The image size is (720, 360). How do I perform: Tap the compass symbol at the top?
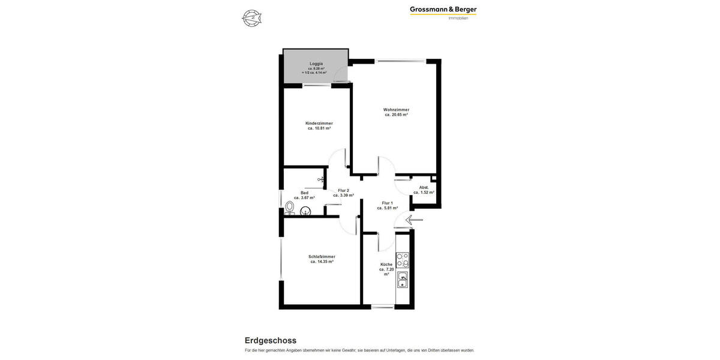(252, 18)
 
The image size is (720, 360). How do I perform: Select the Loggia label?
(316, 64)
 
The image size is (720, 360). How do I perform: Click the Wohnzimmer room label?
(396, 110)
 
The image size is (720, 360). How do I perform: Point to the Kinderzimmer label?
(319, 123)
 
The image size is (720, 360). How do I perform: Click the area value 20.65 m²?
(396, 115)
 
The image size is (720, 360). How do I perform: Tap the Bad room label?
(304, 193)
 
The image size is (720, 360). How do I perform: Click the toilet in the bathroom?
(290, 206)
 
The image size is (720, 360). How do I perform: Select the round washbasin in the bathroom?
(305, 211)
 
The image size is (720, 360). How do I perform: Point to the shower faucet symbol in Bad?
(322, 179)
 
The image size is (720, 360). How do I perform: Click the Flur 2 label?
(343, 190)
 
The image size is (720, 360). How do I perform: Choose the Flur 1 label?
(387, 203)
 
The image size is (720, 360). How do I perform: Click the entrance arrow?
(413, 220)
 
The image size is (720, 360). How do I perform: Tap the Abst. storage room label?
(424, 187)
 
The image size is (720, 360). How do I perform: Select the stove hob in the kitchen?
(403, 260)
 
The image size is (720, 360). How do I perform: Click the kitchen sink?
(403, 280)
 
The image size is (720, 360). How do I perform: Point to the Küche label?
(386, 265)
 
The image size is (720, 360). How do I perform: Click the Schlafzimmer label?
(322, 256)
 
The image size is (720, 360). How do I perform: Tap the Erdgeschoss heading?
(270, 340)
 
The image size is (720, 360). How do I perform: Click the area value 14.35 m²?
(322, 262)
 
